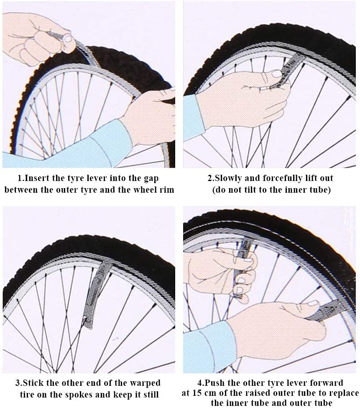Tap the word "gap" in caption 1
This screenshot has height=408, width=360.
[151, 179]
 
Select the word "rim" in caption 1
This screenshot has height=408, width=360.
[166, 189]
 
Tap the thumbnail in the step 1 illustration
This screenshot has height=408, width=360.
[68, 39]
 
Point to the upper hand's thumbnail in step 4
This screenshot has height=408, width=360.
[242, 280]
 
